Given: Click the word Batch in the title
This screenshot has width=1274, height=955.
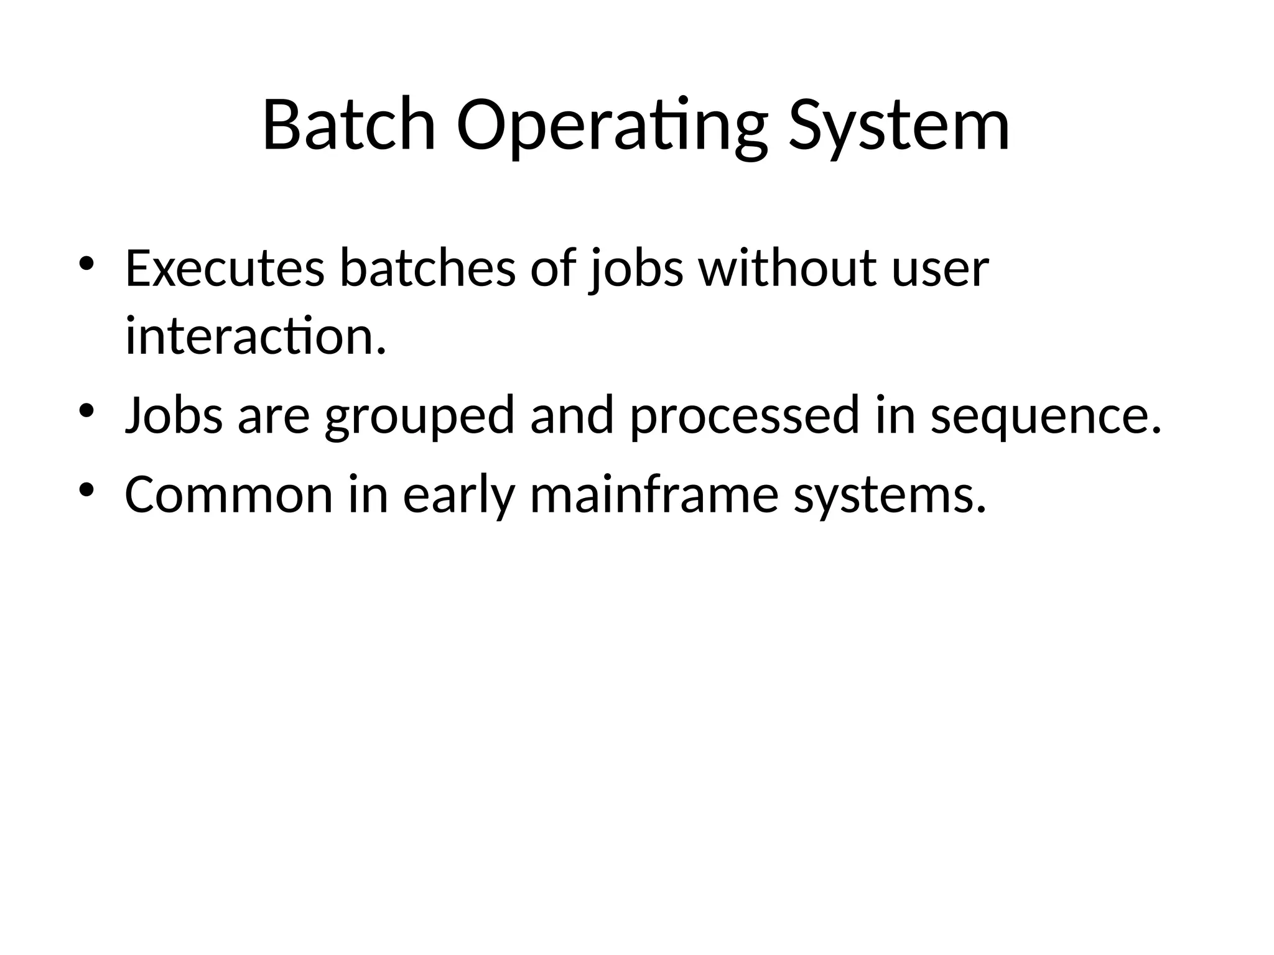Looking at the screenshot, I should [348, 126].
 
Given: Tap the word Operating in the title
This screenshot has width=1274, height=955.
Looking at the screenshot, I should [611, 126].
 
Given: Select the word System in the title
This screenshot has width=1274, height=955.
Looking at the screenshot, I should [899, 126].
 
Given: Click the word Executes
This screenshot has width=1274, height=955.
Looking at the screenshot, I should [225, 269].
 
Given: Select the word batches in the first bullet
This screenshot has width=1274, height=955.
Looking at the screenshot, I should [427, 269].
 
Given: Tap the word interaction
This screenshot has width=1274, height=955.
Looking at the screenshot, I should [255, 336].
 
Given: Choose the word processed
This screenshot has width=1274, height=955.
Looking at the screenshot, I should [744, 416].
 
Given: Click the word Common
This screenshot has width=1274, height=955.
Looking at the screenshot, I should [229, 495].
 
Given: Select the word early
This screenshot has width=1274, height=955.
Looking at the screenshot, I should [458, 495].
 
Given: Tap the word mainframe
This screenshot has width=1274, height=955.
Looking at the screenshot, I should [654, 495].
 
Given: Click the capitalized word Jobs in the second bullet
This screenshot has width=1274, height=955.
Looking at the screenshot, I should [174, 416].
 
